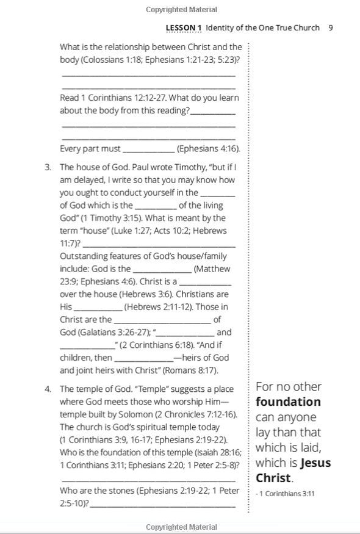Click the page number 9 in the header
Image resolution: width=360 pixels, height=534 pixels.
[330, 27]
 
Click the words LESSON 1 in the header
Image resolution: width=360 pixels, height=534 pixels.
[184, 27]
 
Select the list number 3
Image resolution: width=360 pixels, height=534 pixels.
[48, 167]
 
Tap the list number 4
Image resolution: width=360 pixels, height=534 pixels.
[48, 389]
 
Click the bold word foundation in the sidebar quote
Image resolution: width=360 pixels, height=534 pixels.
[288, 402]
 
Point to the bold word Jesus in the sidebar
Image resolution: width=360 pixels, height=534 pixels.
[315, 463]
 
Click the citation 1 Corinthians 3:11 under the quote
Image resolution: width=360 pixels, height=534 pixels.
[286, 494]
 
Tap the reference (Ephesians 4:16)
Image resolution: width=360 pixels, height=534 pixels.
[208, 149]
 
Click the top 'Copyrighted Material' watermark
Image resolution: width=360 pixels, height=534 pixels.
[181, 10]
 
